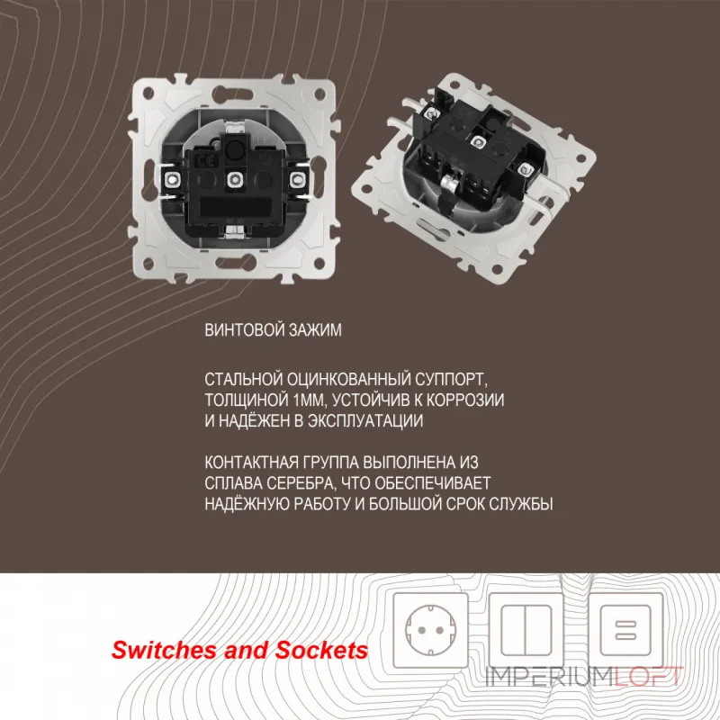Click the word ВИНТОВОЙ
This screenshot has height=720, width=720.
click(x=243, y=330)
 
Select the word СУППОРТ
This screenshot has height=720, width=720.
click(x=452, y=380)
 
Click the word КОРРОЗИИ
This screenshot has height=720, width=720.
click(x=465, y=400)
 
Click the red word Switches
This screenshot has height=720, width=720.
click(x=165, y=651)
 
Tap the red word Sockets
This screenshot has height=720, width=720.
click(x=321, y=651)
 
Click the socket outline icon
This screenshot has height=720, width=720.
click(x=431, y=630)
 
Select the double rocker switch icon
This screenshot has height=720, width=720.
click(x=526, y=630)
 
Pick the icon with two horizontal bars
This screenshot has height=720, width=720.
click(x=625, y=630)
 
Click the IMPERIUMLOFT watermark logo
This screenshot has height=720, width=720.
click(x=583, y=677)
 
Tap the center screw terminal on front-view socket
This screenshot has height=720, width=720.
click(x=235, y=179)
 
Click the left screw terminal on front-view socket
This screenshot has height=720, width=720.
click(x=172, y=179)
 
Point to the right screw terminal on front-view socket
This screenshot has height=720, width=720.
click(x=298, y=179)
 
